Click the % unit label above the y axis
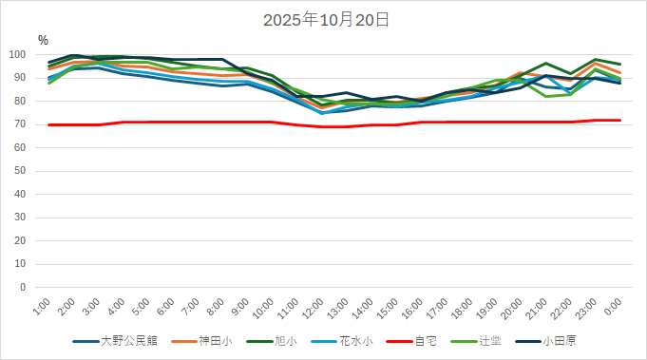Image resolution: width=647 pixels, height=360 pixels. (43, 40)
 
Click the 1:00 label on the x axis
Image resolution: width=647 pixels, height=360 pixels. (41, 308)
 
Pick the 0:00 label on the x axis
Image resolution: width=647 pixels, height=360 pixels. (613, 308)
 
